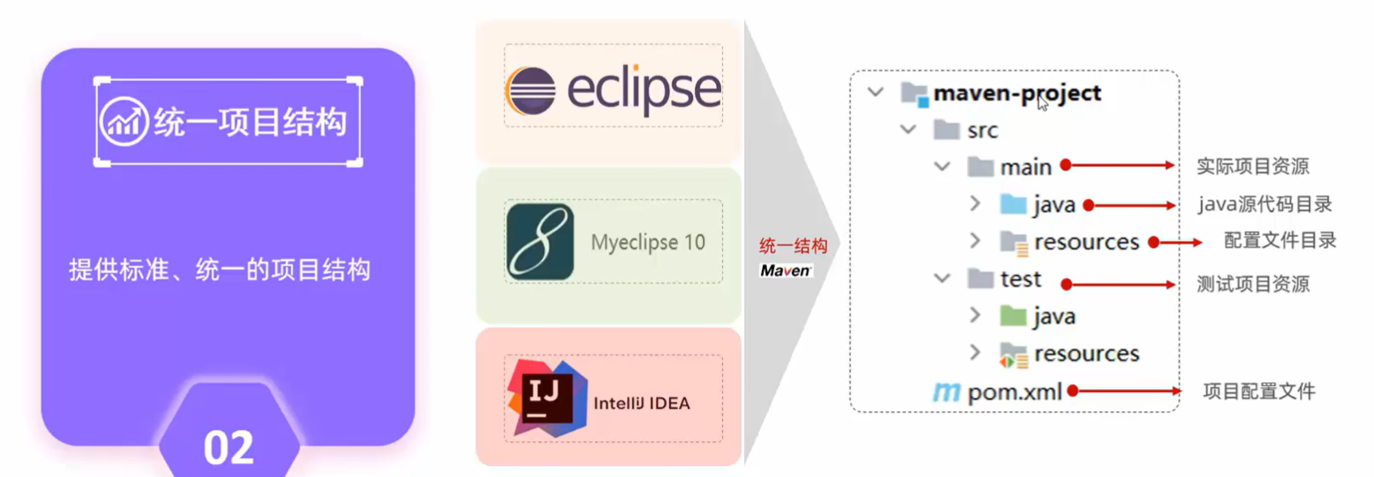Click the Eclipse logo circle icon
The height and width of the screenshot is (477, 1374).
[x=530, y=90]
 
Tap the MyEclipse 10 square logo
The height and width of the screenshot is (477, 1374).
[x=540, y=242]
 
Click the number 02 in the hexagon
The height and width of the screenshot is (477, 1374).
[x=228, y=447]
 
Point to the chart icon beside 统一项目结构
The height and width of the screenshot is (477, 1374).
[x=124, y=122]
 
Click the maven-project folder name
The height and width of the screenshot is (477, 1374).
[x=1017, y=93]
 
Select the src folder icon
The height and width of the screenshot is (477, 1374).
[x=946, y=130]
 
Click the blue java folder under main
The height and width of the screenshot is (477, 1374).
[x=1013, y=204]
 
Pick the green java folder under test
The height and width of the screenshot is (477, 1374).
[x=1013, y=316]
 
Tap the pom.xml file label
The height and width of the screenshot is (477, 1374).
[x=1014, y=392]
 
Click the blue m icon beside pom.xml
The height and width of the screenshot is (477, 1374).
[x=946, y=392]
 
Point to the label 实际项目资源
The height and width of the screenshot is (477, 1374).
[x=1252, y=166]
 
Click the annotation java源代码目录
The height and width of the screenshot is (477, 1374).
[x=1264, y=204]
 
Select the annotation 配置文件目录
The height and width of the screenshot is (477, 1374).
[x=1279, y=241]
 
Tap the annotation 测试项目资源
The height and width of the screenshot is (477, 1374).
[x=1252, y=284]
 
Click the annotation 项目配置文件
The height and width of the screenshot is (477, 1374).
[x=1258, y=392]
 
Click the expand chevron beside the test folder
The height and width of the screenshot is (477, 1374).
[x=942, y=279]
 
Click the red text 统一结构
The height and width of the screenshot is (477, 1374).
[x=793, y=246]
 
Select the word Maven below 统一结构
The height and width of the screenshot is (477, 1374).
[x=785, y=271]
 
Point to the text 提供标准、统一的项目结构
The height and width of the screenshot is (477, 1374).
[x=220, y=270]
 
